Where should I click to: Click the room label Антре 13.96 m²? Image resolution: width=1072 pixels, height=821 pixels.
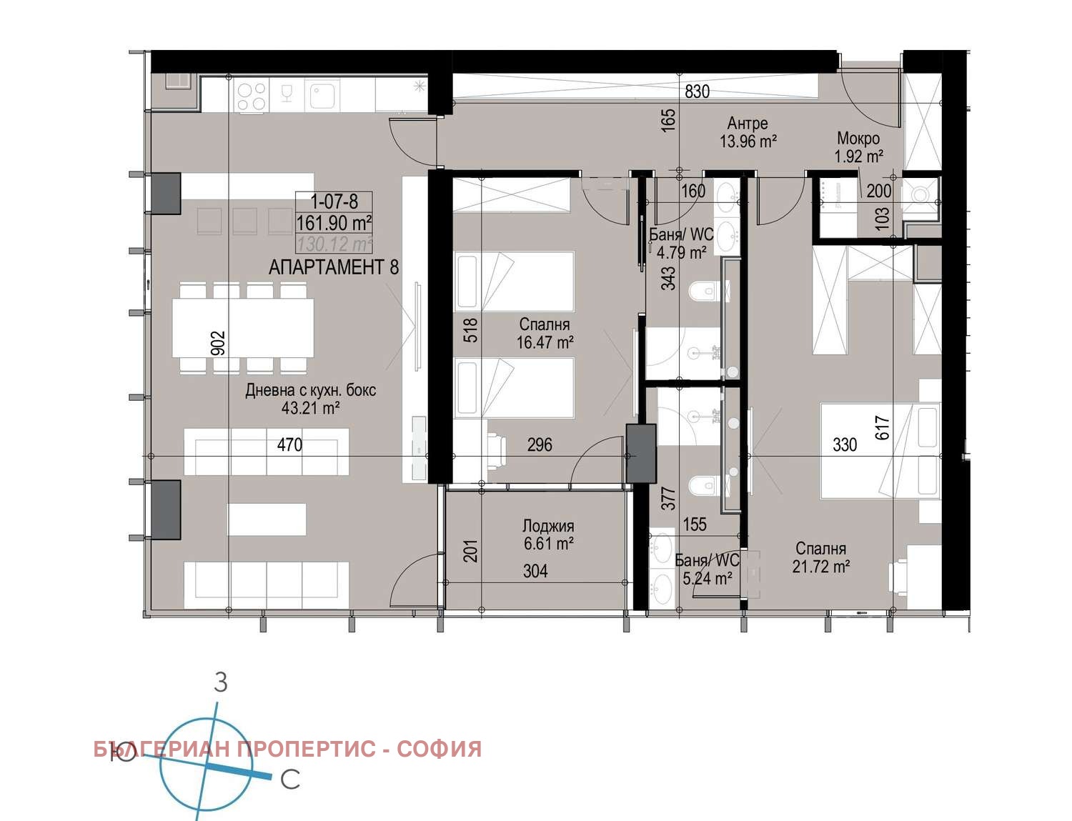tap(748, 133)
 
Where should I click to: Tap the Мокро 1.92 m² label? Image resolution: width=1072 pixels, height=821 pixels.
tap(858, 147)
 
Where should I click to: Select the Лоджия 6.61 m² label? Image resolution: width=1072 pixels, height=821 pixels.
tap(548, 535)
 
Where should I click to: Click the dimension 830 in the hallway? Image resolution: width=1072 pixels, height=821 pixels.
tap(697, 91)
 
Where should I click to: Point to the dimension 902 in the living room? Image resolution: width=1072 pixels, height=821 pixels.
tap(219, 342)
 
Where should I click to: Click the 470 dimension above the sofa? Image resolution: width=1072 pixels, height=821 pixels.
tap(289, 445)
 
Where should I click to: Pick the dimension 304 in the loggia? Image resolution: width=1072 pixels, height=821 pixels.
tap(535, 571)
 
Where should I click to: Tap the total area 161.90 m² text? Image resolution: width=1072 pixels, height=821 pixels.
tap(334, 223)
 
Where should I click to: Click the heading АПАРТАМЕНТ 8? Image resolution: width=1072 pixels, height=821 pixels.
tap(334, 268)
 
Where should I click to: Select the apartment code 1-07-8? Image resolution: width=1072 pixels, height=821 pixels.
tap(334, 201)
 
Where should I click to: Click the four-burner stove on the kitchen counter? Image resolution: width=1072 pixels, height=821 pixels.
tap(252, 96)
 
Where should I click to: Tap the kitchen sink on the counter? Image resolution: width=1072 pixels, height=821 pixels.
tap(323, 96)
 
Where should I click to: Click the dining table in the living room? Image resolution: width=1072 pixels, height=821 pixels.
tap(243, 328)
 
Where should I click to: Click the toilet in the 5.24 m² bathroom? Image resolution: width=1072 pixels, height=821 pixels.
tap(702, 487)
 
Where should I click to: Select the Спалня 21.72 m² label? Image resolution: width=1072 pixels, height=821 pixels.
tap(820, 558)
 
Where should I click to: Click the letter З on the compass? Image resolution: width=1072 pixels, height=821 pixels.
tap(221, 682)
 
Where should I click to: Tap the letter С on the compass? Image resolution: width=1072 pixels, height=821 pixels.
tap(289, 780)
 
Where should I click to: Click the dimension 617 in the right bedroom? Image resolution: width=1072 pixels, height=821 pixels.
tap(882, 428)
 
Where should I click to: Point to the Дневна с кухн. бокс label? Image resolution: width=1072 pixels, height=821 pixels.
tap(310, 399)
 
